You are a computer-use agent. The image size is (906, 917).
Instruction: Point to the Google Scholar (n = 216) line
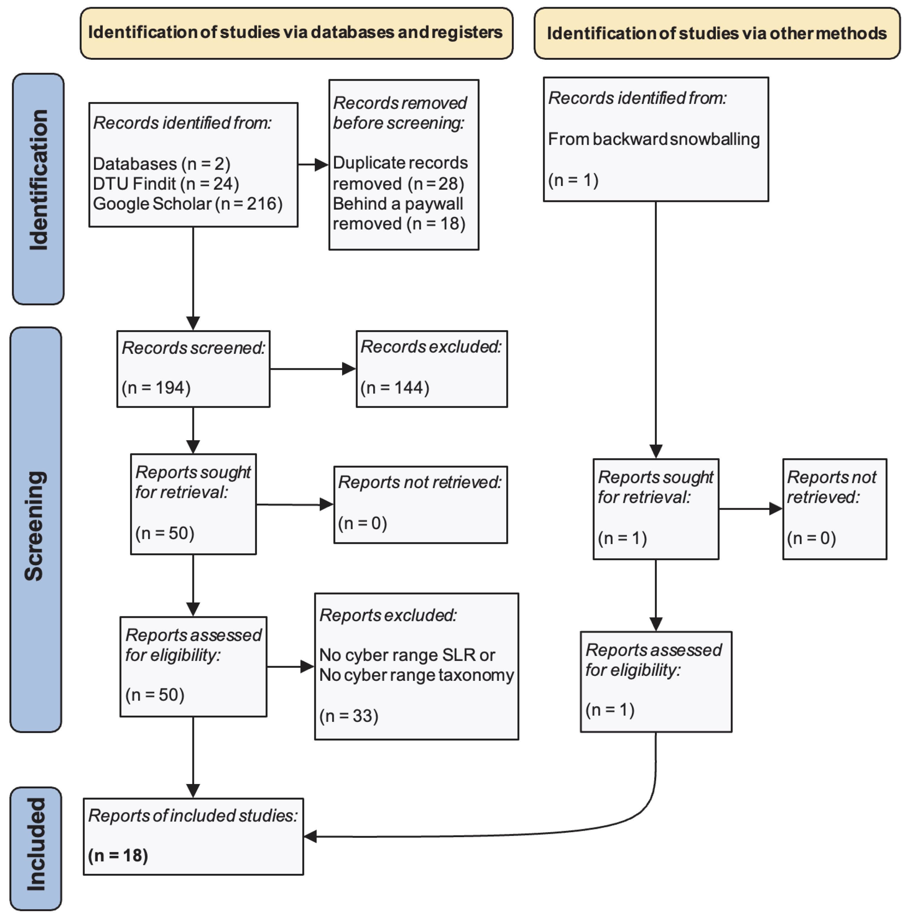pos(187,204)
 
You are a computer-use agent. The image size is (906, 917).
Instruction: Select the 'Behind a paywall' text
pos(397,204)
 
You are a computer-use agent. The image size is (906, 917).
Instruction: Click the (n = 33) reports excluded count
pos(349,715)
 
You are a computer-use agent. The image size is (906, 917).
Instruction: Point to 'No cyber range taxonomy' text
pos(416,675)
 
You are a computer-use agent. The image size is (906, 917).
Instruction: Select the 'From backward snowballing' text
pos(653,139)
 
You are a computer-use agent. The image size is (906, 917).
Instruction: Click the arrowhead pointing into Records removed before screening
pos(322,165)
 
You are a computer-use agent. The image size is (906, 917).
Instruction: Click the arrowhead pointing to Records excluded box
pos(349,369)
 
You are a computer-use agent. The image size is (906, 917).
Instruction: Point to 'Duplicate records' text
pos(400,163)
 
